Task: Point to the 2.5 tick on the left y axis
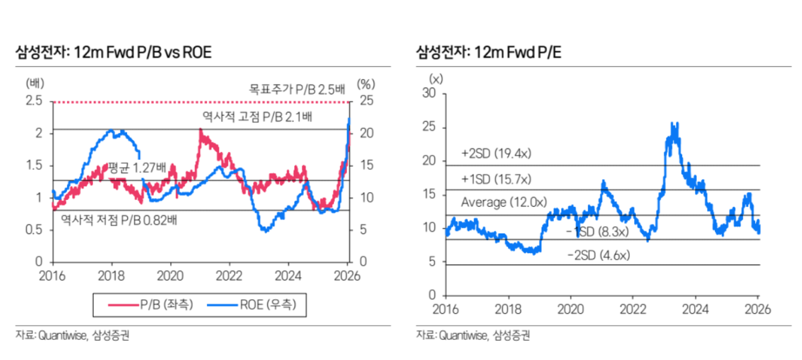click(x=34, y=101)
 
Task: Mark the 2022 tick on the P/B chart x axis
click(x=229, y=274)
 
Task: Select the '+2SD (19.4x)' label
click(x=496, y=154)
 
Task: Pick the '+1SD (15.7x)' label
click(x=496, y=179)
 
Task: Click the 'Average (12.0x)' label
click(x=503, y=202)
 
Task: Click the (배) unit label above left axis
click(x=34, y=84)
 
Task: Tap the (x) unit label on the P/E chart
click(x=436, y=79)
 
